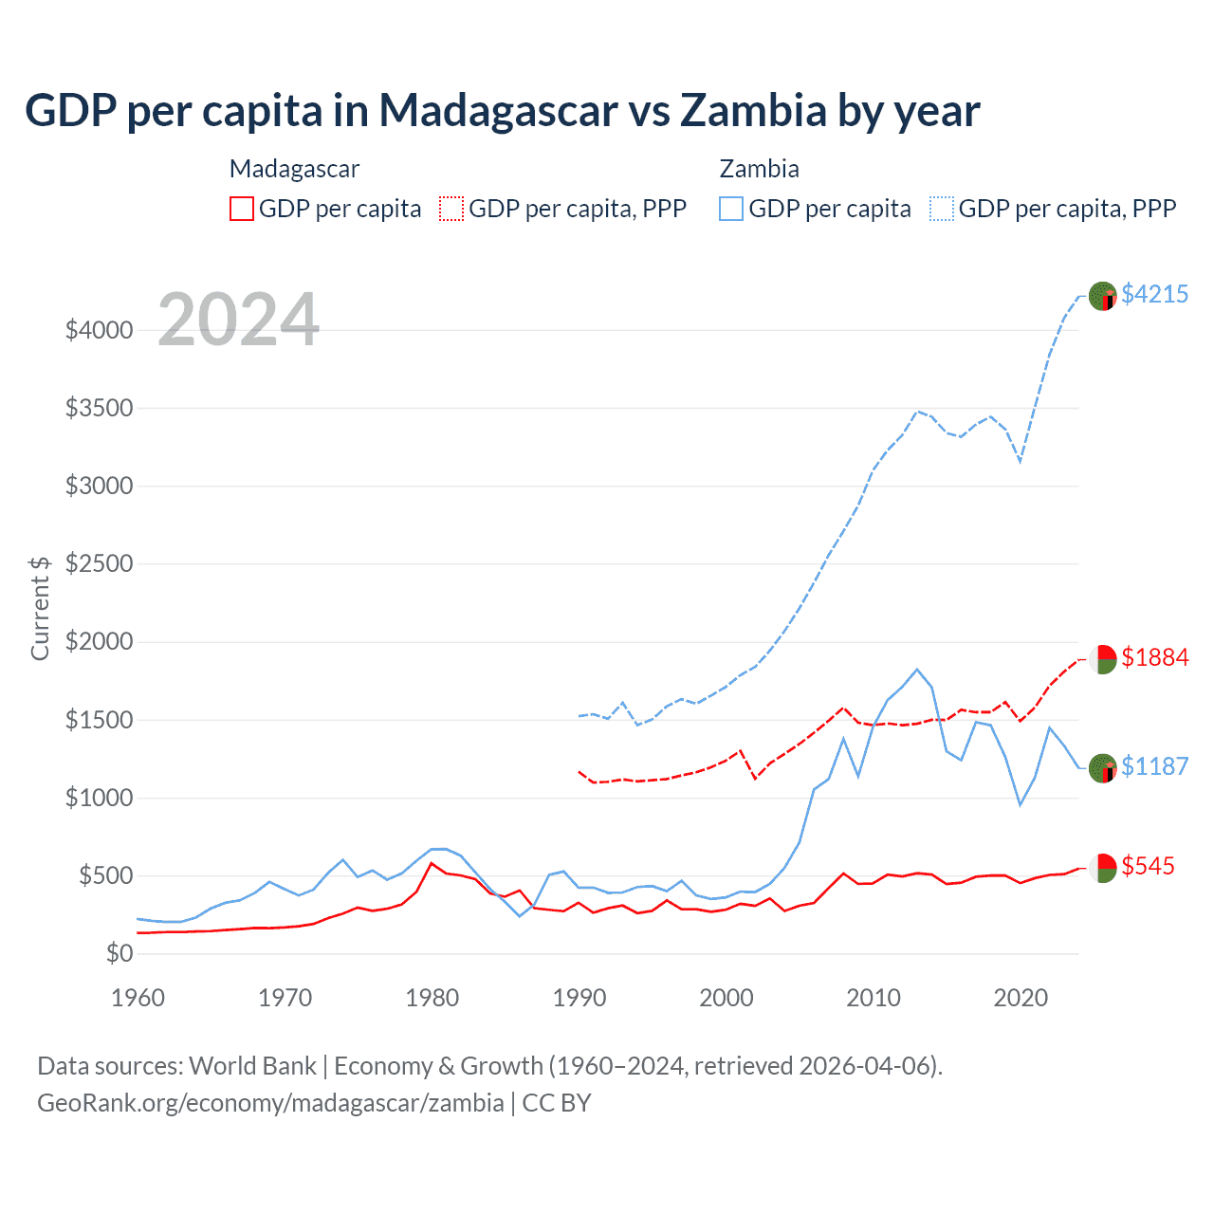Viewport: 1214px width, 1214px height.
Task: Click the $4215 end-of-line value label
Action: coord(1154,294)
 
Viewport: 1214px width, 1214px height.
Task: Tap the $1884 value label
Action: coord(1154,657)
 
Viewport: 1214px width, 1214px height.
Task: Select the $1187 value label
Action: coord(1154,766)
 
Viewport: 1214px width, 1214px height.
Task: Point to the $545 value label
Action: coord(1148,866)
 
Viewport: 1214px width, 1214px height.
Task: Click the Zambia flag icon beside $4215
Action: coord(1102,296)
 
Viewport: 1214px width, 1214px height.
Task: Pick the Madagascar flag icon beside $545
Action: coord(1102,868)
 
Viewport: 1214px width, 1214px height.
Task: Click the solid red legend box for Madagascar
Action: coord(242,209)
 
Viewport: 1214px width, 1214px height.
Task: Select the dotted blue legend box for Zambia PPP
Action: coord(942,209)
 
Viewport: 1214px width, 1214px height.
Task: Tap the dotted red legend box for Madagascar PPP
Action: coord(451,209)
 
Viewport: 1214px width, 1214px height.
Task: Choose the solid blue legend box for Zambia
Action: coord(731,209)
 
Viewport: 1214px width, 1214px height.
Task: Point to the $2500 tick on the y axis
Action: coord(99,563)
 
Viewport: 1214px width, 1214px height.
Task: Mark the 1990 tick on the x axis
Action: coord(579,998)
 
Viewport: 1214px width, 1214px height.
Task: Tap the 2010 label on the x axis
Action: coord(874,998)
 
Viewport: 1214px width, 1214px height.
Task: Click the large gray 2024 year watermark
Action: coord(238,320)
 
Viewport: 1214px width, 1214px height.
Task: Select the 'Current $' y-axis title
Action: coord(40,608)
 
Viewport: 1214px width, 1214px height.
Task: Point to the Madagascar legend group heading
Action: coord(294,169)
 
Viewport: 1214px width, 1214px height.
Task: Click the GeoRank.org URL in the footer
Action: coord(270,1103)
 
